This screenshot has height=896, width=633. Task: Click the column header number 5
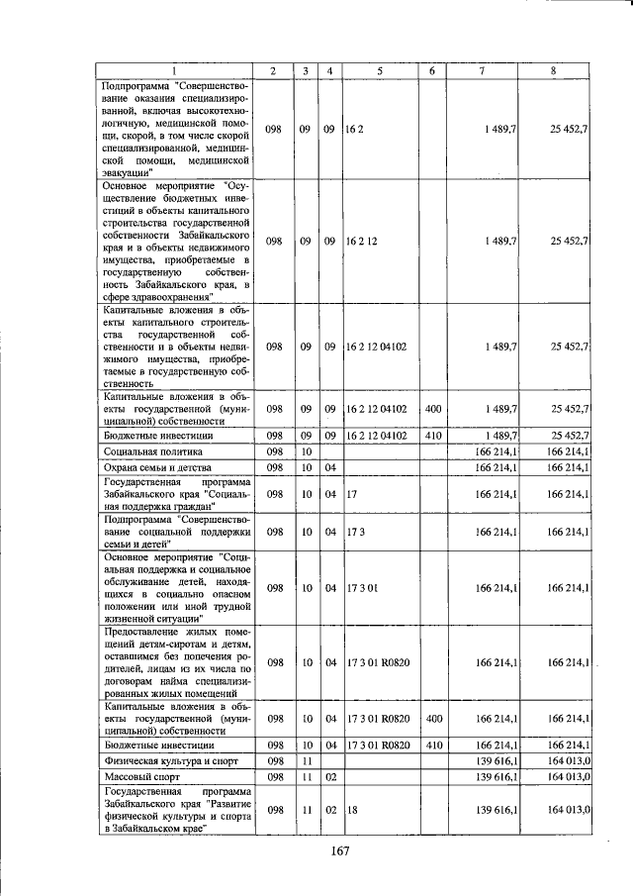[x=380, y=70]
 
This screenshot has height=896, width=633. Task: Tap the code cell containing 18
[x=352, y=810]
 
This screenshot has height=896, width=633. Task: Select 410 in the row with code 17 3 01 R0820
[x=431, y=744]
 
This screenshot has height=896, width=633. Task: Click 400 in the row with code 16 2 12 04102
[x=431, y=408]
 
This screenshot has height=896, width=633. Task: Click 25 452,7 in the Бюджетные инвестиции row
[x=571, y=435]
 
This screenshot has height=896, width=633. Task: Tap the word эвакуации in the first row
[x=128, y=171]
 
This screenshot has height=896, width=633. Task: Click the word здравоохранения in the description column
[x=165, y=295]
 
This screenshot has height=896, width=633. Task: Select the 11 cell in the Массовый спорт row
[x=307, y=778]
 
